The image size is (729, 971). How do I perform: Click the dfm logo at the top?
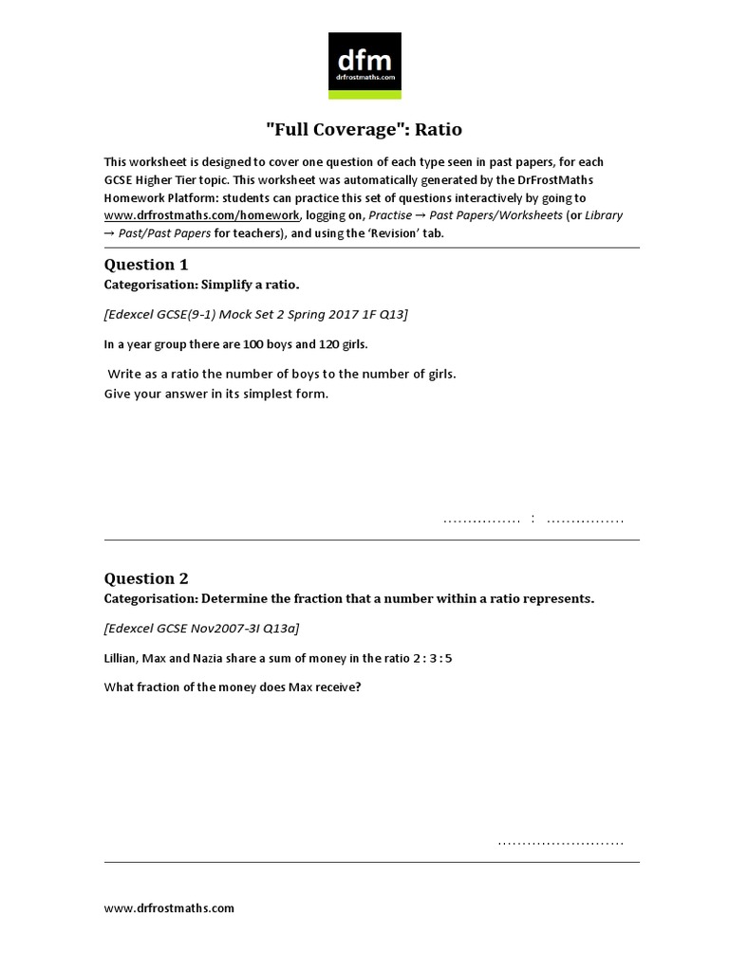point(364,65)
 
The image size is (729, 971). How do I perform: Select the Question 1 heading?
point(140,265)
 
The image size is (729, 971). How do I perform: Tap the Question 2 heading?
point(140,578)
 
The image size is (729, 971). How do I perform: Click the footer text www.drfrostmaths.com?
point(169,907)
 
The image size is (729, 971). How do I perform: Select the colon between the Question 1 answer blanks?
point(534,519)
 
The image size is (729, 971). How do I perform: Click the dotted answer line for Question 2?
point(560,840)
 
